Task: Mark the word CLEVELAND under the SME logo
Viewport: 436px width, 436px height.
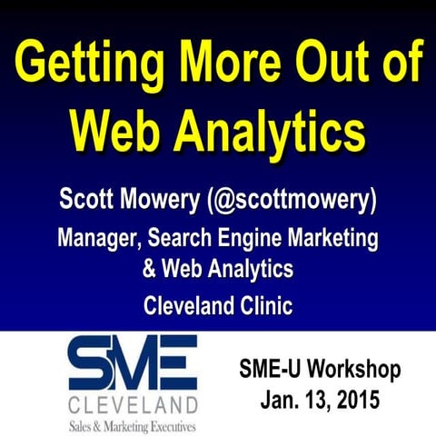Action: tap(134, 401)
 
